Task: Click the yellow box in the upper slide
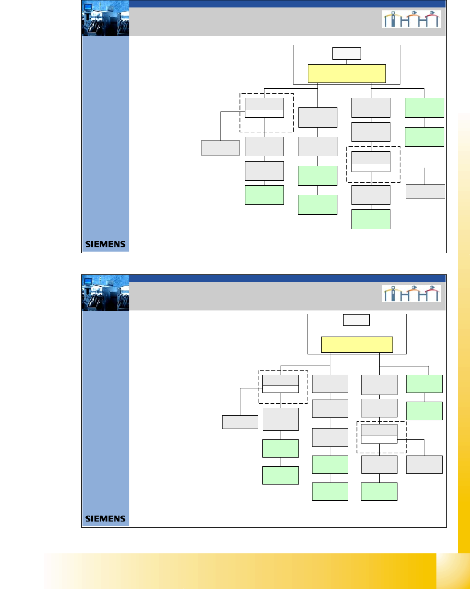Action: pos(346,73)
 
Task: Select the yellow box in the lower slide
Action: pos(357,344)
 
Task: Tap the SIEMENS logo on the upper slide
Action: pos(105,244)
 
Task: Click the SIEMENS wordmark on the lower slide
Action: pos(105,519)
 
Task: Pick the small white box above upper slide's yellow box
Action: pos(346,53)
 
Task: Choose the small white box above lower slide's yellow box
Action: pos(356,320)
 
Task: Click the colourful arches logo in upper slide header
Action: pos(411,19)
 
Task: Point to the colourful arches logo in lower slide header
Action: pos(411,293)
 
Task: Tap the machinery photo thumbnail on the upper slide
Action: pos(106,19)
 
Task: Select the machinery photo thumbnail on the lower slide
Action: pos(106,293)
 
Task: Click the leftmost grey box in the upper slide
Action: pos(220,148)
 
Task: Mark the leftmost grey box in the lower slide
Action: pos(240,422)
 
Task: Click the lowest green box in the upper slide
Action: pos(371,219)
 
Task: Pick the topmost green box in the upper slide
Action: pos(424,108)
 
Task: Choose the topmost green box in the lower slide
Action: pos(424,384)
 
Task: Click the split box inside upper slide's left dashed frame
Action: pos(264,108)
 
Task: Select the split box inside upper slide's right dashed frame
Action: pos(371,162)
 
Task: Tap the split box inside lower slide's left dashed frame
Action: pos(281,384)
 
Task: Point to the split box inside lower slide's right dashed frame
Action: pos(379,434)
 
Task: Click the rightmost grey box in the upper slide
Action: pos(425,191)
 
